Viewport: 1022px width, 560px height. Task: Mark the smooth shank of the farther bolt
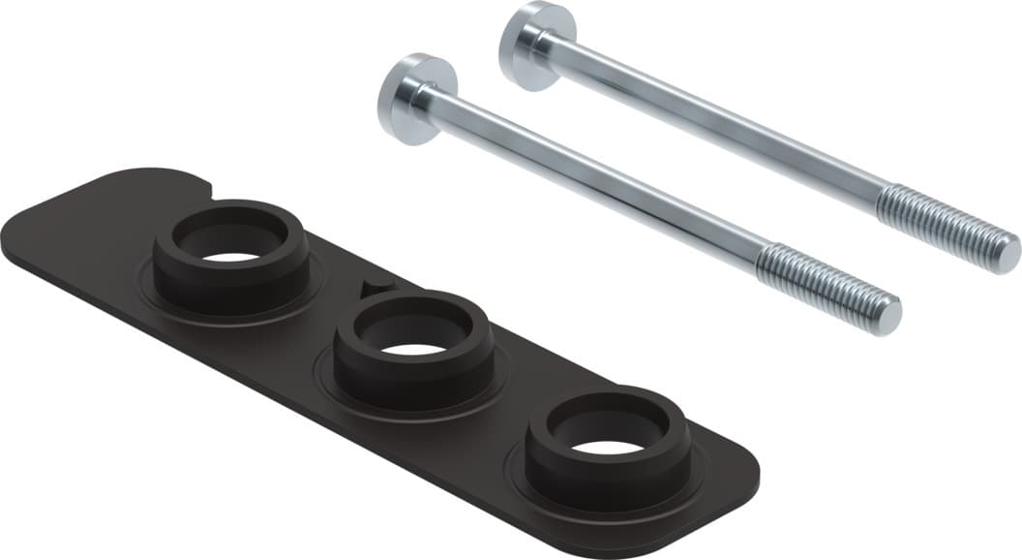[716, 124]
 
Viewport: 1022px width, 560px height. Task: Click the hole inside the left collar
[232, 257]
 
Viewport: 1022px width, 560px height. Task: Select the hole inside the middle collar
[414, 347]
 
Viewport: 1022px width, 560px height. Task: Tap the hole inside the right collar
[608, 447]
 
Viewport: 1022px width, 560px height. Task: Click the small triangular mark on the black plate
[376, 287]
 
